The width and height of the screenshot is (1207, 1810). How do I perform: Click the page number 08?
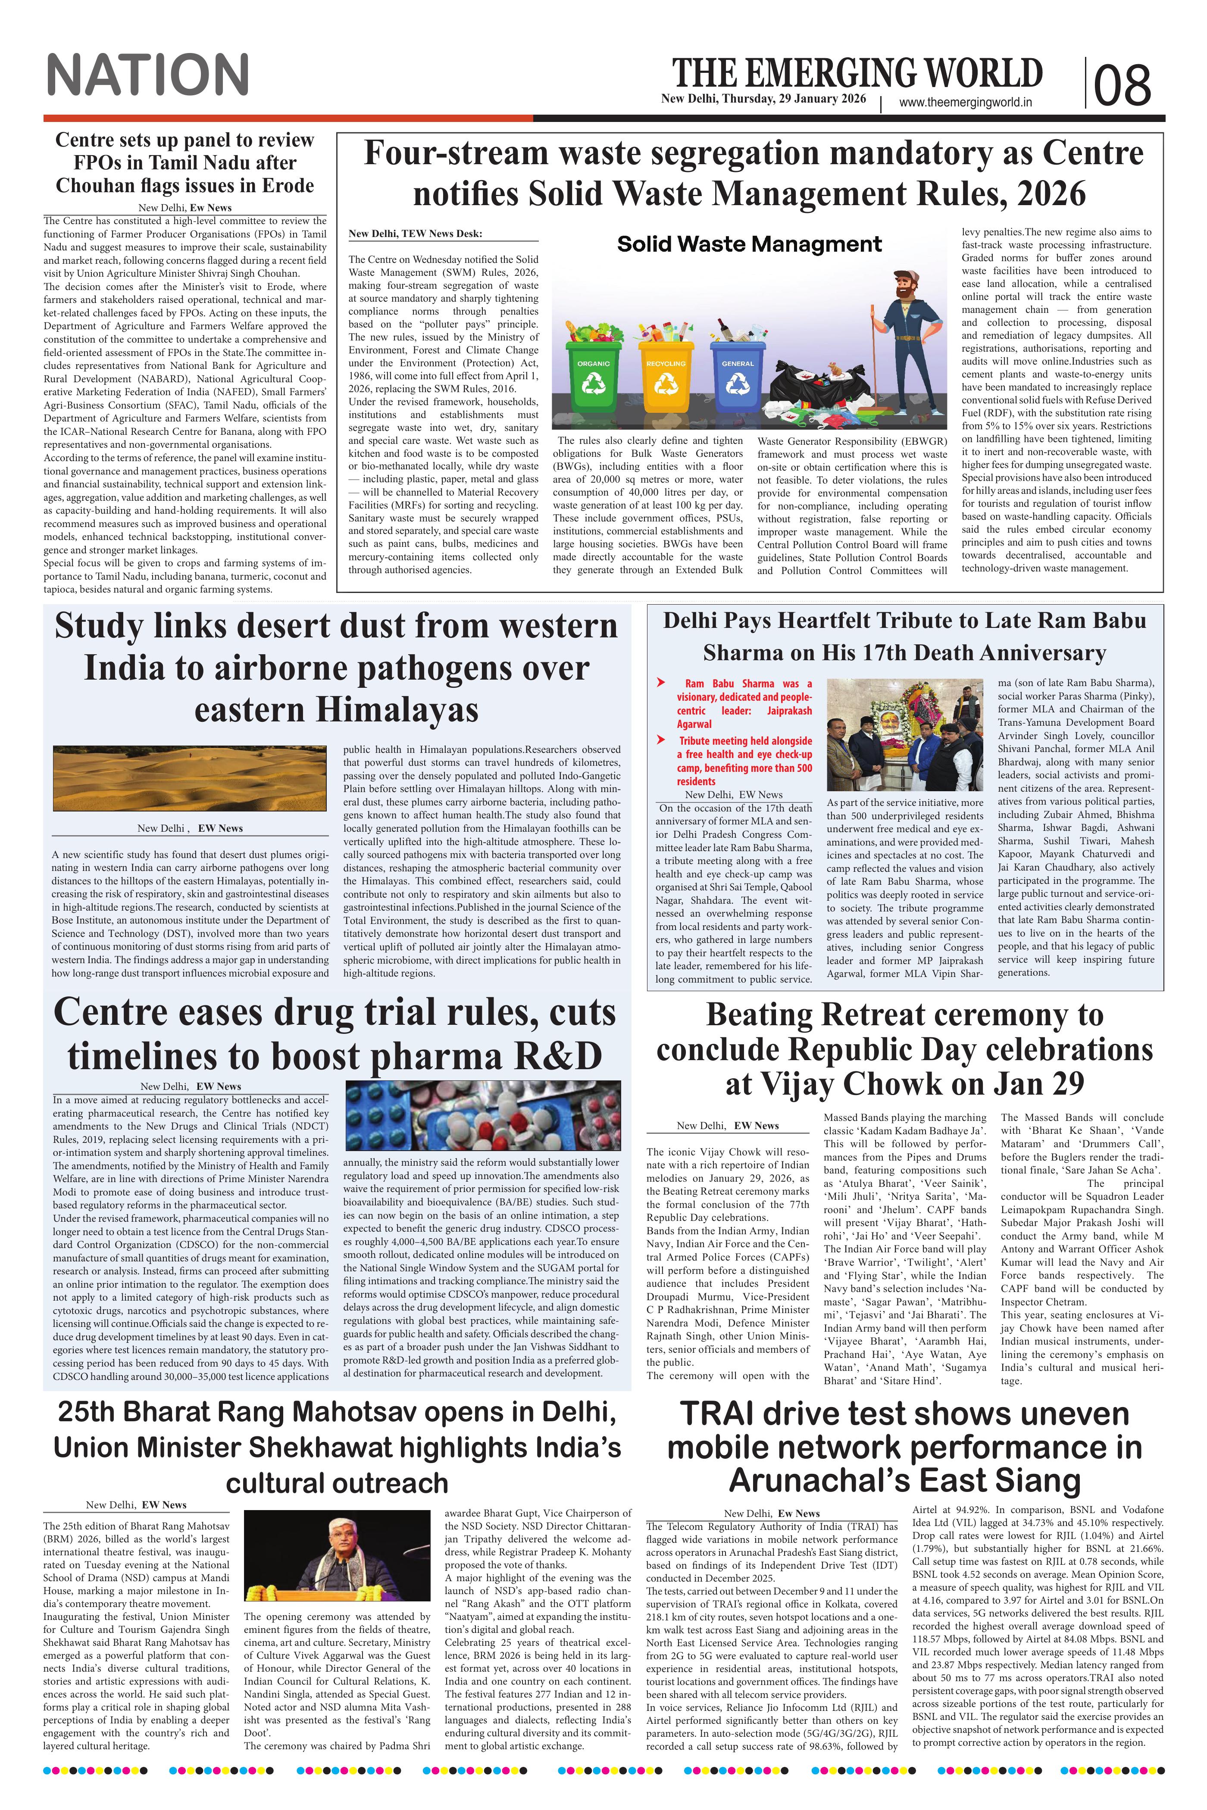(1123, 84)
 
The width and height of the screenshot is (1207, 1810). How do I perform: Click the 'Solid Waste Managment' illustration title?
(749, 245)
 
